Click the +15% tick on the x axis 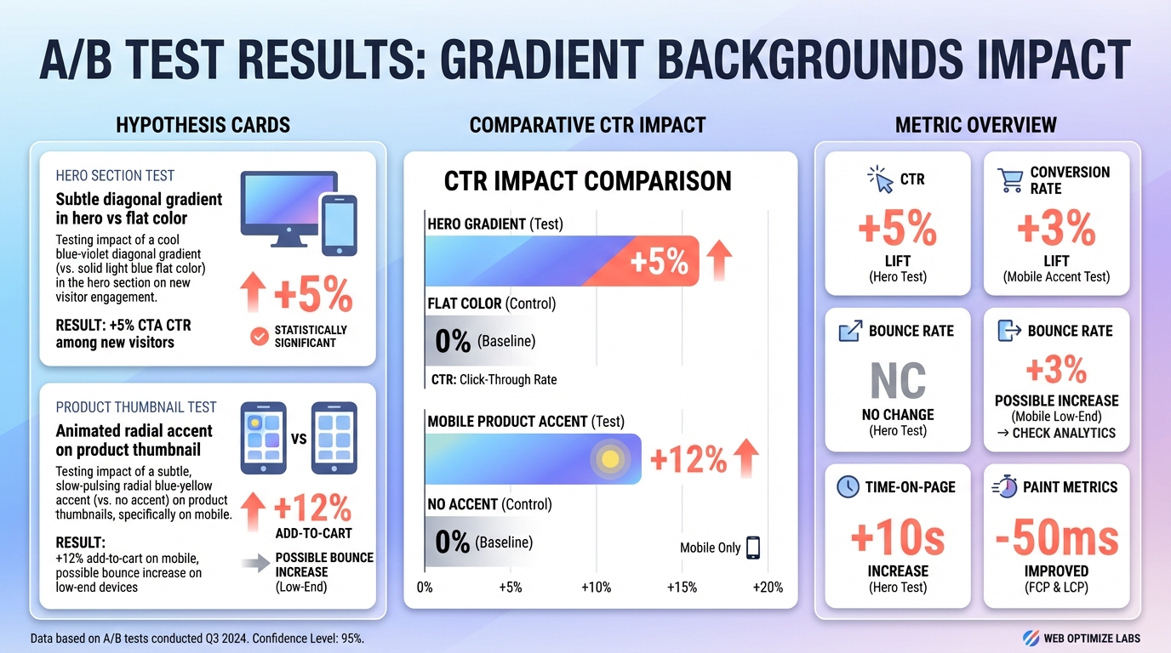[x=681, y=588]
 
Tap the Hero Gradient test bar [x=562, y=260]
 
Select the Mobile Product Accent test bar [x=533, y=459]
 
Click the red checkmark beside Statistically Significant [x=259, y=337]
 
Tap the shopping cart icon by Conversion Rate [x=1010, y=179]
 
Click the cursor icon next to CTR [x=880, y=179]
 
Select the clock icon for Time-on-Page [x=848, y=486]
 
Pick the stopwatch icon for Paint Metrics [x=1007, y=486]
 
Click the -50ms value [x=1057, y=538]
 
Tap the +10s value [x=898, y=538]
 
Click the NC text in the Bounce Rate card [x=898, y=381]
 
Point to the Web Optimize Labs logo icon [x=1030, y=638]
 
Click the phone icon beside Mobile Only [x=752, y=548]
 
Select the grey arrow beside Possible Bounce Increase [x=254, y=561]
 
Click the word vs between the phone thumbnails [x=299, y=439]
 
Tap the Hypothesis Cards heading [x=203, y=126]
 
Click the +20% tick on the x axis [x=768, y=588]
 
